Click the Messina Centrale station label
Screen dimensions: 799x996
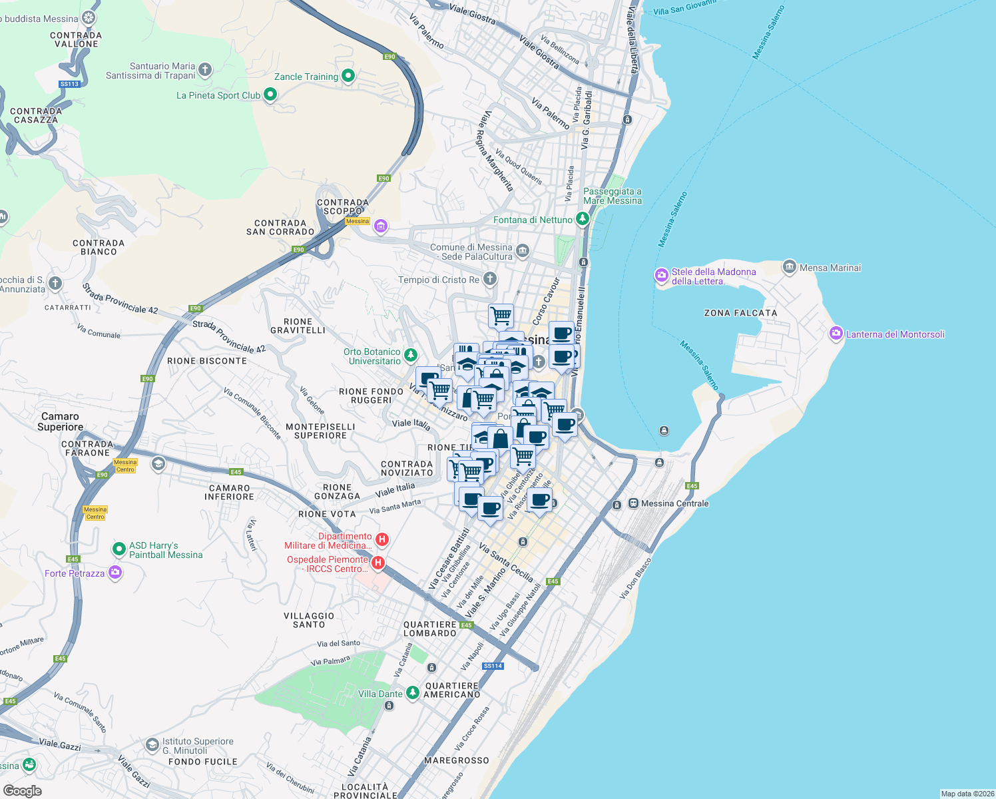[x=674, y=503]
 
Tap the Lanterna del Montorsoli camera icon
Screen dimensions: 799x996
[x=836, y=334]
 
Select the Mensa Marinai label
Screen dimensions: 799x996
[x=830, y=268]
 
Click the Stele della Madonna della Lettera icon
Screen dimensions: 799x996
[x=661, y=275]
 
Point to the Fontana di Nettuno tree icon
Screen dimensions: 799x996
[x=583, y=219]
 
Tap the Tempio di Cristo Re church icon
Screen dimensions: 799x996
[x=489, y=279]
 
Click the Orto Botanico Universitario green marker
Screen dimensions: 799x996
[x=411, y=356]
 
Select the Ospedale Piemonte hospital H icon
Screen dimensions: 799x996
[x=377, y=563]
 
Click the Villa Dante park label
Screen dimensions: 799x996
[x=380, y=694]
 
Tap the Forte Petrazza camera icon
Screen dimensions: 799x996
[x=115, y=572]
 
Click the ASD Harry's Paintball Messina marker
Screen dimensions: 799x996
[x=119, y=549]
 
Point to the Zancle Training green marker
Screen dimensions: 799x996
[x=348, y=76]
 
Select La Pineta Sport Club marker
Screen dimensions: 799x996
[x=270, y=95]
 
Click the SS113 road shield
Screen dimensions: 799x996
[x=69, y=84]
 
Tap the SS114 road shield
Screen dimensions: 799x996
[x=493, y=666]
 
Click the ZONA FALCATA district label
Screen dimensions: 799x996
[x=740, y=313]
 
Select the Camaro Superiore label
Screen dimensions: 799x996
[x=60, y=421]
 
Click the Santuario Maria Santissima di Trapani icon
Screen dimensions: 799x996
[x=205, y=69]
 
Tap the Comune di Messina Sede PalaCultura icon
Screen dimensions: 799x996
[x=523, y=251]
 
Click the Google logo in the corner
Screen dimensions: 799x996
[x=23, y=790]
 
